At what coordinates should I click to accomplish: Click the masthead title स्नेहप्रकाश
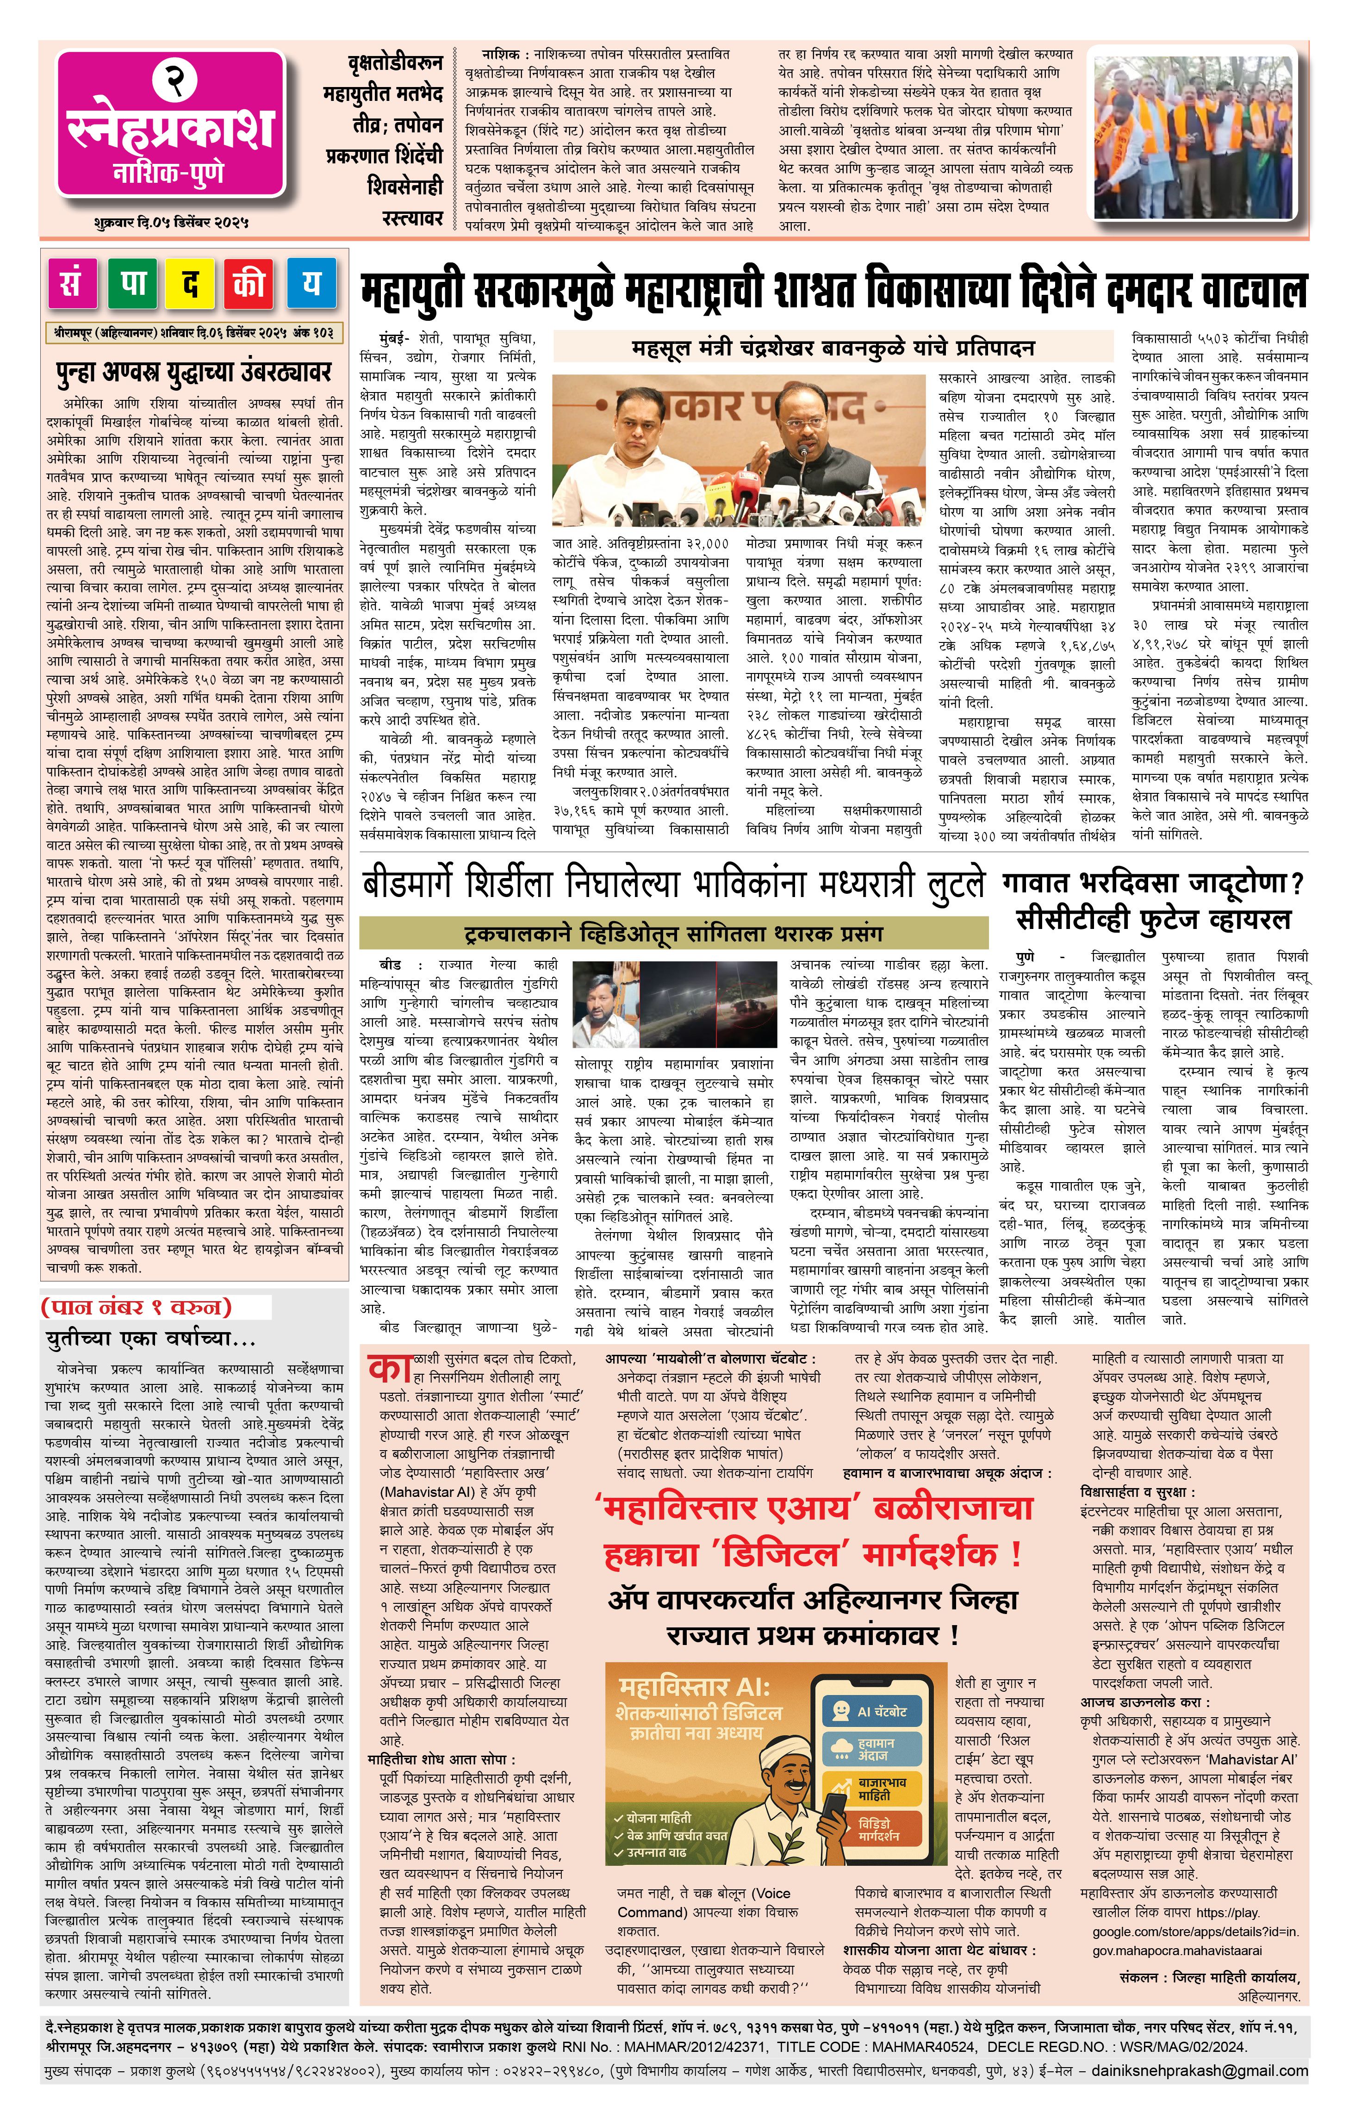click(x=170, y=129)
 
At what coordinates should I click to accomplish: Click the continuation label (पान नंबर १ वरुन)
click(x=137, y=1306)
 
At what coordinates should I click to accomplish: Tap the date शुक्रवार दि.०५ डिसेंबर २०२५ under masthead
click(x=170, y=222)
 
